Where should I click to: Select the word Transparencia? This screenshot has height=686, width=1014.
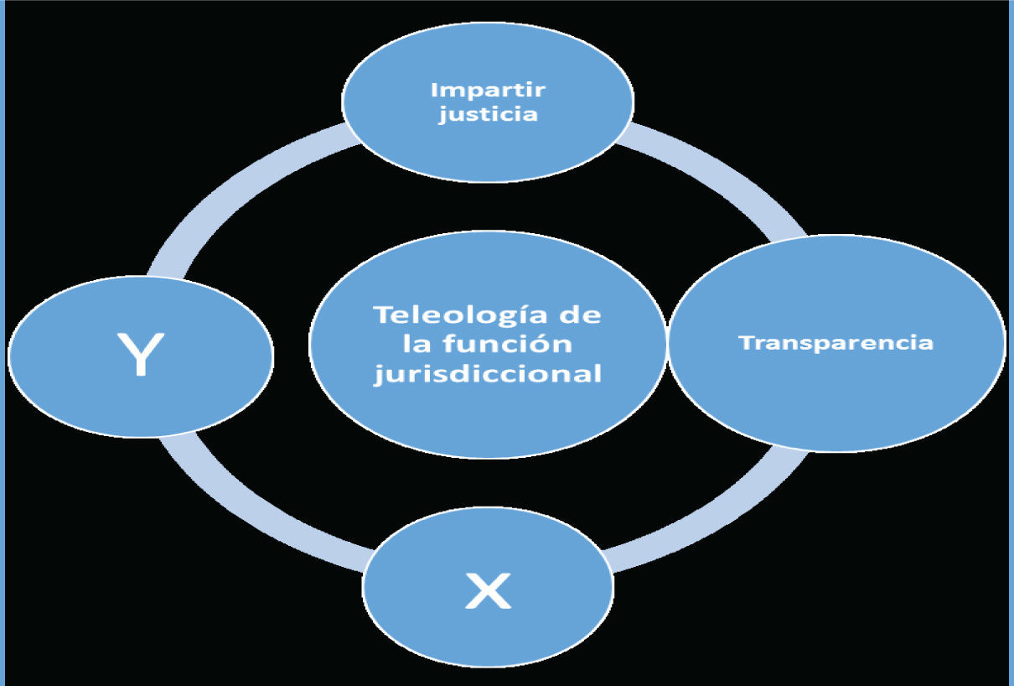(836, 343)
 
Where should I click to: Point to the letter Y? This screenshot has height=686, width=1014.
(140, 355)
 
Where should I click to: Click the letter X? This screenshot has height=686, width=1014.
(488, 592)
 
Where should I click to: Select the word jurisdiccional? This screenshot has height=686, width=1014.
(488, 373)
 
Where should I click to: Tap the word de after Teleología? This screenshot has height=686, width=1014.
(580, 316)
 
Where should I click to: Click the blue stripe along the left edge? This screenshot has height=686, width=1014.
(3, 343)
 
